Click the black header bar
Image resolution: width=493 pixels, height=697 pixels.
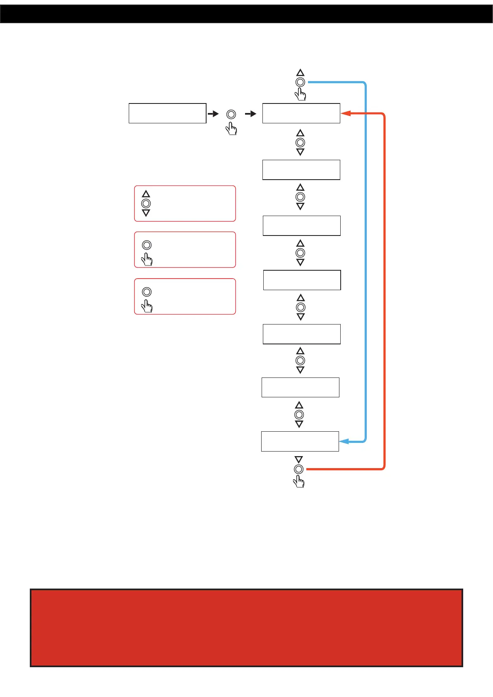246,14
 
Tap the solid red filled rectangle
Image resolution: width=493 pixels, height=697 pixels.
246,627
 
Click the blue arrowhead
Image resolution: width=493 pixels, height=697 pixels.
344,442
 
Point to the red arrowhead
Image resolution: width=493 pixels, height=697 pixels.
346,113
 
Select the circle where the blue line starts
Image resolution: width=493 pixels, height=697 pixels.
301,82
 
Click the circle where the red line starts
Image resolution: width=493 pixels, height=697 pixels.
299,469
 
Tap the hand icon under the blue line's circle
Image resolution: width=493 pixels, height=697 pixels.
301,95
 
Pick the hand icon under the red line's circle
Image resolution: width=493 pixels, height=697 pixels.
299,481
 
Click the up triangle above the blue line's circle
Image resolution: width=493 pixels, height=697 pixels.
301,73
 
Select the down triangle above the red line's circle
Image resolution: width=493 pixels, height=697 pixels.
299,459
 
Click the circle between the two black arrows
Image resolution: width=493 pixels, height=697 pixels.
231,114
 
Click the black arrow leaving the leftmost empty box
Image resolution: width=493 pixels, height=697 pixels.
213,114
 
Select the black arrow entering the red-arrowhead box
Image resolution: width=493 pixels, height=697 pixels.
251,114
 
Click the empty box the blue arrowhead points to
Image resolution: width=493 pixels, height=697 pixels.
300,441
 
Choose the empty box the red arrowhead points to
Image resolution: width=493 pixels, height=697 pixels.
301,113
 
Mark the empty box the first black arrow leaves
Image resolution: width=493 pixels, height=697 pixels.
167,113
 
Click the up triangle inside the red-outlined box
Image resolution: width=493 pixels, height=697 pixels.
146,194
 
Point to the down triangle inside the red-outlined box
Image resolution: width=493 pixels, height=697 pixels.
146,213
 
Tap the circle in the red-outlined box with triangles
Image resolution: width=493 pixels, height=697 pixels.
146,204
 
